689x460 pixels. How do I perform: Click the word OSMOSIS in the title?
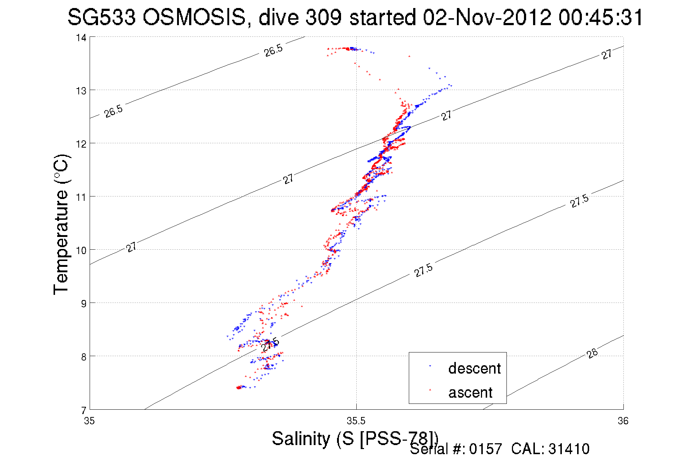(194, 17)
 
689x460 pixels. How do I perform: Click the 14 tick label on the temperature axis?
(81, 38)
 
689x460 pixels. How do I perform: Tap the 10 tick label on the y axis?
(81, 250)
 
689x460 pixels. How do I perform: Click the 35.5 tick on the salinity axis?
(356, 421)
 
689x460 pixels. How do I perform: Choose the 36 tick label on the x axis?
(623, 421)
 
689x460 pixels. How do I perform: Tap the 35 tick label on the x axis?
(89, 421)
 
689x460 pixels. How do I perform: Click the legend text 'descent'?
(474, 369)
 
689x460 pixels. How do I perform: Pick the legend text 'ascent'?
(470, 393)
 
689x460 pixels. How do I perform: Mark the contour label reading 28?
(592, 353)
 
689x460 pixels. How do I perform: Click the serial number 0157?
(485, 449)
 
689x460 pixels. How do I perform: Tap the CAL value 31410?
(568, 449)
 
